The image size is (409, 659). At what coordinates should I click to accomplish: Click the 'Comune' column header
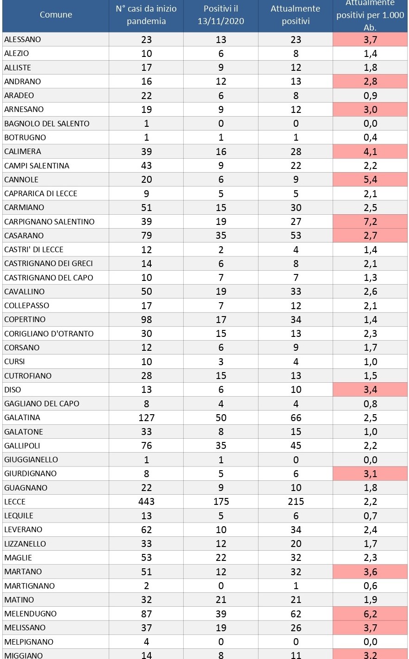coord(56,15)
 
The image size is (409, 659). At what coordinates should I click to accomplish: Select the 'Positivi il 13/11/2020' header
coord(221,15)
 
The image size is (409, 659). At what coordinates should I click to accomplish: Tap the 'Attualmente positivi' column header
coord(296,15)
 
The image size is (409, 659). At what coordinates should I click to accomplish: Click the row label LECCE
coord(15,502)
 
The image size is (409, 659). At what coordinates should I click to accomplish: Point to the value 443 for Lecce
coord(146,502)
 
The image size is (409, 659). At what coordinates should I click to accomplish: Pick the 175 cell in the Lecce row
coord(221,502)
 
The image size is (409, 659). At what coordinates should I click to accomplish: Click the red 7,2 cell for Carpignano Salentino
coord(370,222)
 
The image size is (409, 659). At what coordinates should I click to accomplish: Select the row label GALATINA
coord(22,417)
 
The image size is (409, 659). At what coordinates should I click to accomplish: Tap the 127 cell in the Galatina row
coord(146,417)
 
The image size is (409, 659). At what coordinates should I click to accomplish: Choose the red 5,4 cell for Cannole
coord(370,180)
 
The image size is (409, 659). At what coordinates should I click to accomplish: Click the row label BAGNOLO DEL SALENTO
coord(47,124)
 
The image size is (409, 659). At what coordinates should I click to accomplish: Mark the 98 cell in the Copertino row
coord(146,319)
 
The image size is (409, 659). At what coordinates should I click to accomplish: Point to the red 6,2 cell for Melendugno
coord(370,614)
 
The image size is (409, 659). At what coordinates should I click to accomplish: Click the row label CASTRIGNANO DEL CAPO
coord(49,278)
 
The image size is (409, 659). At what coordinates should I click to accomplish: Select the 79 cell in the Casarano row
coord(146,236)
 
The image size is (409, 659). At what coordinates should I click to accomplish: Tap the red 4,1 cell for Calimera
coord(370,151)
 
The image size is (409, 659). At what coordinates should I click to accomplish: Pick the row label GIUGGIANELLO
coord(31,460)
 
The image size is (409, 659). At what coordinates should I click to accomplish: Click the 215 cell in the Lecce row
coord(296,502)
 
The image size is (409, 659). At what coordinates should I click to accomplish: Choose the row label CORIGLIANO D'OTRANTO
coord(49,334)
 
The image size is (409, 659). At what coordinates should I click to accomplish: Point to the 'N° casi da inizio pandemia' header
coord(146,15)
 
